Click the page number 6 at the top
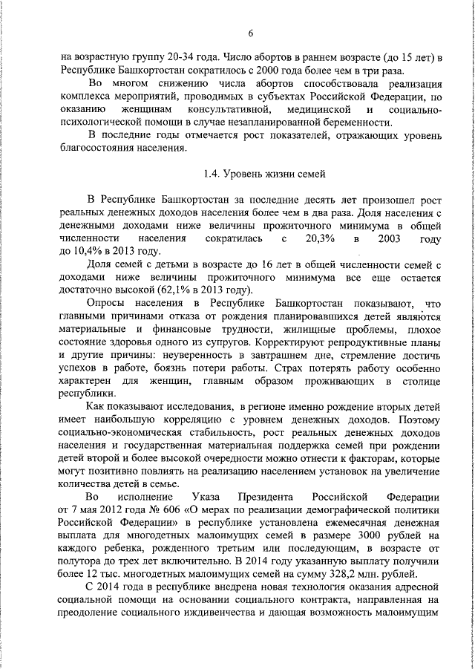tap(250, 33)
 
